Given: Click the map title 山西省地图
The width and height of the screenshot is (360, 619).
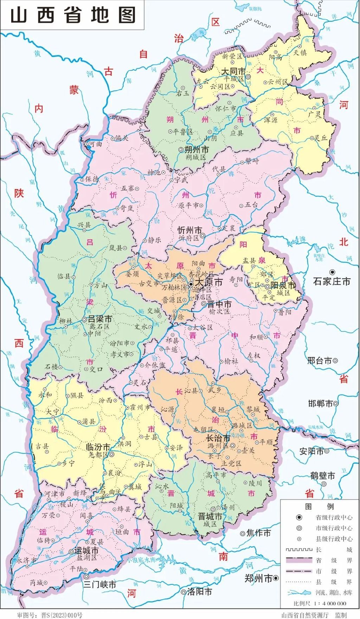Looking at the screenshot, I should tap(73, 15).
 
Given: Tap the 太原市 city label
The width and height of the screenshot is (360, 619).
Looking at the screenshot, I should tap(209, 282).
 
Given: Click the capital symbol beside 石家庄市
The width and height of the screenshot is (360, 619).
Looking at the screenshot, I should tap(332, 272).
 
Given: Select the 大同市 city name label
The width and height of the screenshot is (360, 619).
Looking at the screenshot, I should tap(233, 72).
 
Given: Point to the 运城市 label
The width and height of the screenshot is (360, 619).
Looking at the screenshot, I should tap(86, 550).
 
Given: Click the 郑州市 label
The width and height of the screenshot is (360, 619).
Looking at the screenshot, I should tap(259, 578).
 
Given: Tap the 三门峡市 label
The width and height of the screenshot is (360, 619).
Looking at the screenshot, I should tap(99, 585).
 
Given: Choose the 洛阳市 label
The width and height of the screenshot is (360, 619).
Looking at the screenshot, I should tap(199, 592).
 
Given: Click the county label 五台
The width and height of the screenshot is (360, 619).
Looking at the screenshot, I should tap(251, 205).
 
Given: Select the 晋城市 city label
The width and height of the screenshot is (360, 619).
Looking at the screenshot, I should tap(210, 516).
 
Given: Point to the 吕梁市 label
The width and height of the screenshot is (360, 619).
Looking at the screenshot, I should tap(100, 319).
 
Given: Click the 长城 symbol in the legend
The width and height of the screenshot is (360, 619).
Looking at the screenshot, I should tap(298, 549).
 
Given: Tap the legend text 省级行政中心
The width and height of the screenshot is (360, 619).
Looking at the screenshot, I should tap(334, 517).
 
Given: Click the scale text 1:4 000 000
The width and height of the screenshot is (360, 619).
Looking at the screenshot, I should tap(329, 603).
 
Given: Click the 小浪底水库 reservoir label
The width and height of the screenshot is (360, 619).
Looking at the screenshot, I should tap(142, 560).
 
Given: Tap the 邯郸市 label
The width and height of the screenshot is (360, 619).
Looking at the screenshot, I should tap(320, 404).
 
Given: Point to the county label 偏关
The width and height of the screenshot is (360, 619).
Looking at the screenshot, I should tap(122, 138).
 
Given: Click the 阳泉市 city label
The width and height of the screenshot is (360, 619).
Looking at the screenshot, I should tap(283, 285).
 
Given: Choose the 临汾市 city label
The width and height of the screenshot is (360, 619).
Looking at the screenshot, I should tap(98, 447).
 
